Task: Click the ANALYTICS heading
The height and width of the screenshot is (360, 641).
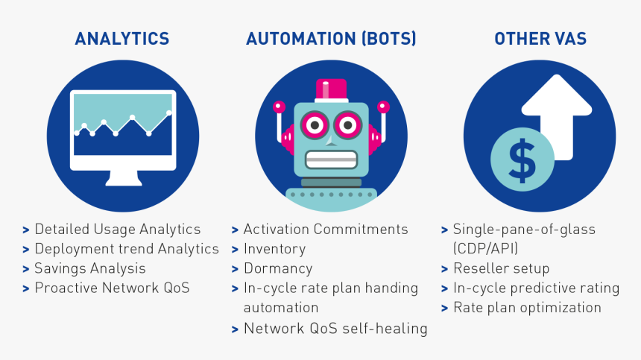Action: coord(121,39)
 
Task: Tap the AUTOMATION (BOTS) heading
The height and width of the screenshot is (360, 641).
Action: coord(331,39)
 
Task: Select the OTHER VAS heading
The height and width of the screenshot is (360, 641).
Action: coord(540,39)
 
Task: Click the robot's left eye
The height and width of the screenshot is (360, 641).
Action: coord(315,125)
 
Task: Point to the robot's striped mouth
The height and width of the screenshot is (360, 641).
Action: coord(331,160)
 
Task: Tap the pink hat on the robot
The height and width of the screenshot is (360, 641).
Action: coord(331,90)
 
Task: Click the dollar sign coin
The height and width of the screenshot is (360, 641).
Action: coord(522,160)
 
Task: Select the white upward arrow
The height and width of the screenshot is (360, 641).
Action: coord(556,116)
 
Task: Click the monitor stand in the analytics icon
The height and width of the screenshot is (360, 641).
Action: coord(124,178)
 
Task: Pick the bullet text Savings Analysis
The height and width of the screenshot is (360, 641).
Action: coord(90,268)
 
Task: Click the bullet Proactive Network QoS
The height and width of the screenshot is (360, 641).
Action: coord(112,288)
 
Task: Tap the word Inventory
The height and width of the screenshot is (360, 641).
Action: coord(275,249)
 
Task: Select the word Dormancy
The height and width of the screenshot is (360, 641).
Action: coord(278,268)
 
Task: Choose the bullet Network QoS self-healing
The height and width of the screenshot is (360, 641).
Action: coord(335,329)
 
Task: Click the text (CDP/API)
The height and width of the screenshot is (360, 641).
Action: coord(485,249)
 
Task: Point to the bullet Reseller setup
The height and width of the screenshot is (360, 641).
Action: coord(501,268)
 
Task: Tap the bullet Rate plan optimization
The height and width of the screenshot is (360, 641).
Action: coord(527,308)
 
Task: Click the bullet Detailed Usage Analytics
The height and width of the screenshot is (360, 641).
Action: coord(117,230)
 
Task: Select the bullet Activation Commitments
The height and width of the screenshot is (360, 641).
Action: coord(326,230)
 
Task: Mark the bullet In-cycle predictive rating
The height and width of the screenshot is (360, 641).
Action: coord(537,288)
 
